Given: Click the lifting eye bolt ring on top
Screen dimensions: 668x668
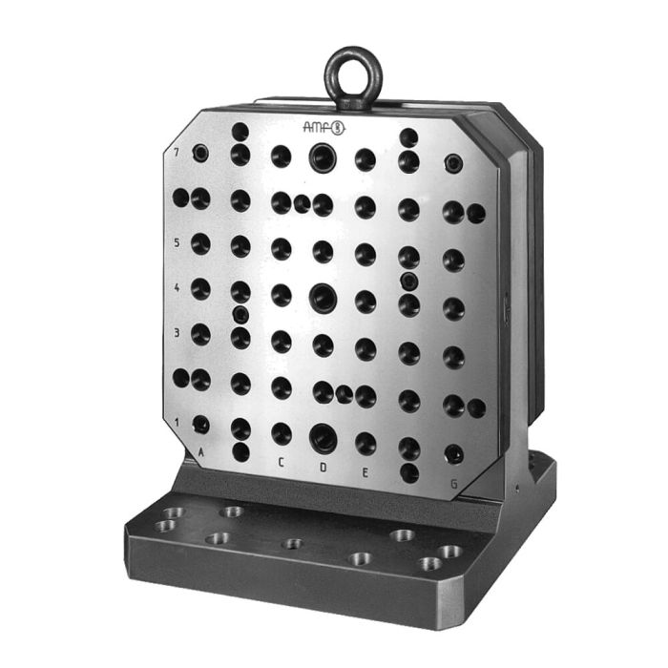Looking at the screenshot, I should pyautogui.click(x=353, y=74).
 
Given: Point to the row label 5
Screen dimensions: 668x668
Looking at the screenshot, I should pyautogui.click(x=177, y=242).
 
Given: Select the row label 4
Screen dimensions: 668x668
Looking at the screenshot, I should pyautogui.click(x=177, y=287).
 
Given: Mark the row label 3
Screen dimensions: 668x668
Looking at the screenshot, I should pyautogui.click(x=177, y=333).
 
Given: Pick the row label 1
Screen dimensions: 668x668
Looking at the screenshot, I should pyautogui.click(x=177, y=421).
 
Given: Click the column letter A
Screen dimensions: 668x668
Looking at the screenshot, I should pyautogui.click(x=200, y=453).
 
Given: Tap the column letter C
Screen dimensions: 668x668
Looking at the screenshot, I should pyautogui.click(x=281, y=463).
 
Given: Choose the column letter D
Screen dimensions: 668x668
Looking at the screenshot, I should pyautogui.click(x=324, y=468).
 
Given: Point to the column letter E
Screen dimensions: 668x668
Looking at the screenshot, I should pyautogui.click(x=365, y=470).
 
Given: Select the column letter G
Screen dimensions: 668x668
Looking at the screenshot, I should pyautogui.click(x=453, y=484).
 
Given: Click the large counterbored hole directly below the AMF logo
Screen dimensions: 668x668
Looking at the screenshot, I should pyautogui.click(x=324, y=157).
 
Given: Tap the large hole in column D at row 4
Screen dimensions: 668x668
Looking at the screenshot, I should pyautogui.click(x=323, y=297).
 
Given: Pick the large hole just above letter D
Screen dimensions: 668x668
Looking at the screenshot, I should pyautogui.click(x=324, y=438).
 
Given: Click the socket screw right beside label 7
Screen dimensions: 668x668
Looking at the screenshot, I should pyautogui.click(x=200, y=153).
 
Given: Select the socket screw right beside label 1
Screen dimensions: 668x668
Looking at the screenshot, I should pyautogui.click(x=200, y=423).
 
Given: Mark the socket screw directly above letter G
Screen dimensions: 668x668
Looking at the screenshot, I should pyautogui.click(x=454, y=453).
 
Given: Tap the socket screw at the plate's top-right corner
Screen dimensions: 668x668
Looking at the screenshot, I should pyautogui.click(x=454, y=164).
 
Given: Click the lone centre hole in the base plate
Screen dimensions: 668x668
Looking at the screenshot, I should pyautogui.click(x=293, y=544).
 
